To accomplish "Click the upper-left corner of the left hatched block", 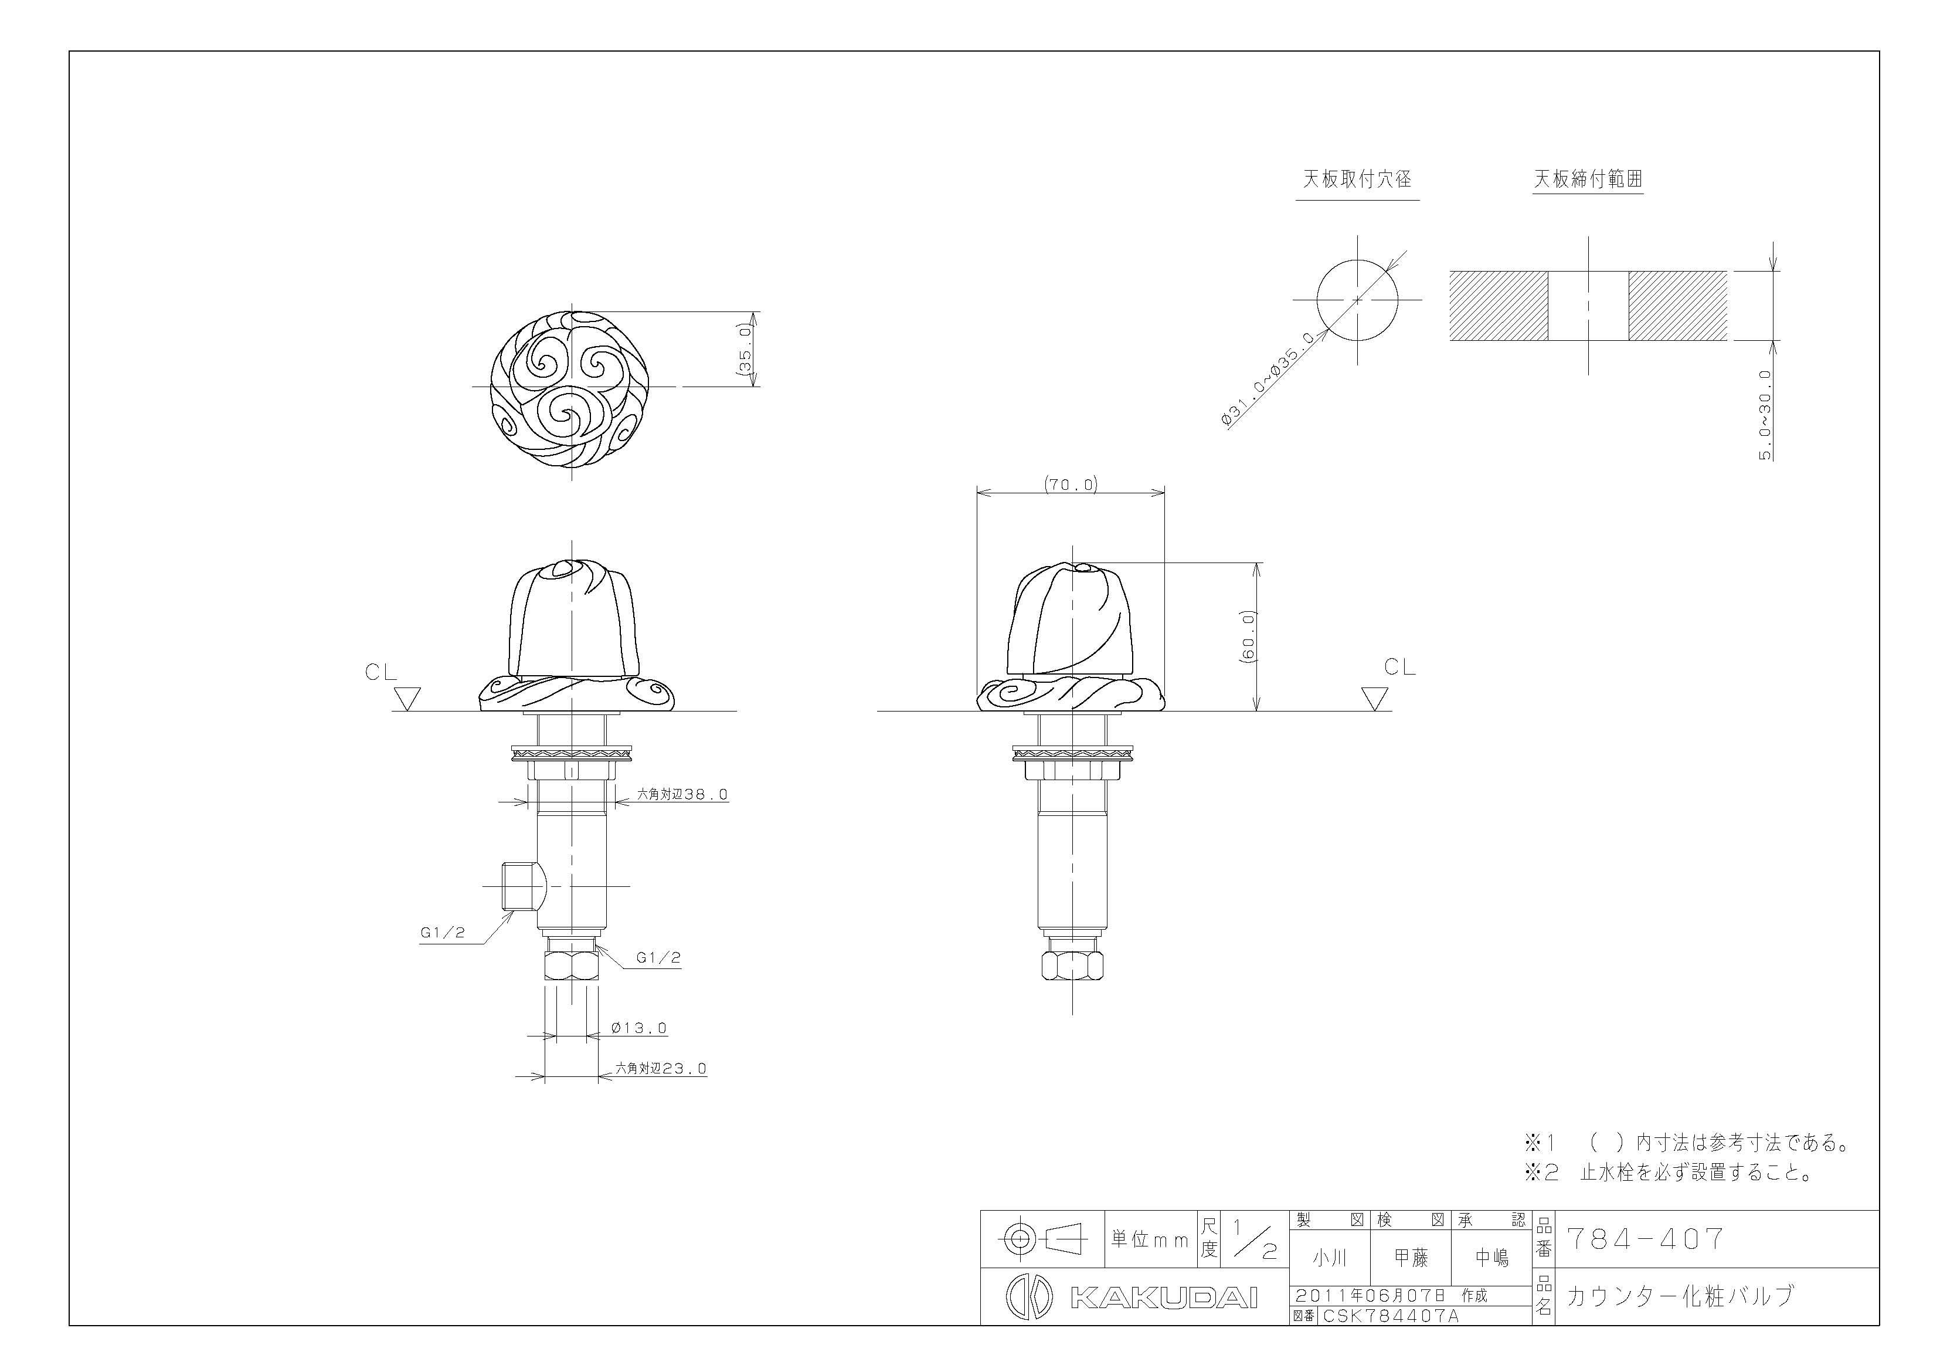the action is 1451,272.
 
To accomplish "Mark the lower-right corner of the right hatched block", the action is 1726,341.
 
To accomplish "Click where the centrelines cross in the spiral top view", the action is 572,387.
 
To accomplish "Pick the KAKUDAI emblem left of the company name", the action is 1029,1298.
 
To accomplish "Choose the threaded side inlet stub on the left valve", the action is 521,886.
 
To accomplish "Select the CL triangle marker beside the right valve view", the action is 1375,698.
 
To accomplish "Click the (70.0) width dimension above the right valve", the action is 1071,485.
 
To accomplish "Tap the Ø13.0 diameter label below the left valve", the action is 639,1028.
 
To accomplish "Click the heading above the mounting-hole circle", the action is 1357,179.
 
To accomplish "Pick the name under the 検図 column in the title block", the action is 1411,1258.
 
